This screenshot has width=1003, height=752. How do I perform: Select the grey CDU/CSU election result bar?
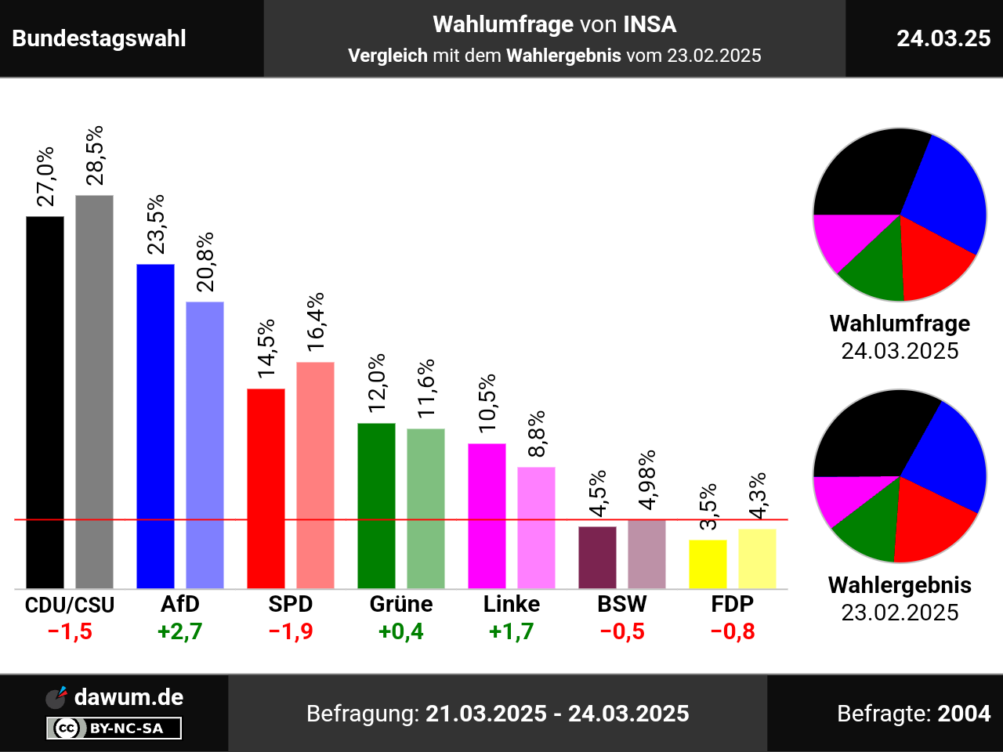pos(94,392)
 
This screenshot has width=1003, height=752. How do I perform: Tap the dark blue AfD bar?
pos(155,426)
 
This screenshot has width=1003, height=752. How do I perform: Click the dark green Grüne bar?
pos(376,505)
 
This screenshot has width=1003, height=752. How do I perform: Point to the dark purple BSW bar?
pos(597,557)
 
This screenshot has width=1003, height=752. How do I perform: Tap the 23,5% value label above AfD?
pos(157,224)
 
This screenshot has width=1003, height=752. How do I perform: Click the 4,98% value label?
pos(647,480)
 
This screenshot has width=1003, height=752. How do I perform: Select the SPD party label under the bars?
pos(290,604)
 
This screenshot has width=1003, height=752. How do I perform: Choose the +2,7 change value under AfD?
pos(180,631)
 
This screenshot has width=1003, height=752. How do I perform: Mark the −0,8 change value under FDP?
pos(733,631)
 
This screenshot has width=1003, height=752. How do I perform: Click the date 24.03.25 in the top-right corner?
pos(943,38)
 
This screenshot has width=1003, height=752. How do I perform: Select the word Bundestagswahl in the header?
pos(100,38)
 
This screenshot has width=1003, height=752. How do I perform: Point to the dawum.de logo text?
pos(129,697)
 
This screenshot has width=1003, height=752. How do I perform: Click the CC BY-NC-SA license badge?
pos(114,728)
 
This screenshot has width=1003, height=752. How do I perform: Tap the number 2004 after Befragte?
pos(964,714)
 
